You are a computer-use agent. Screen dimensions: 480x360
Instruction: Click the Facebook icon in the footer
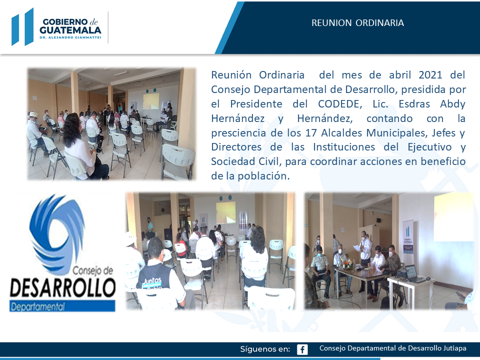(x=302, y=349)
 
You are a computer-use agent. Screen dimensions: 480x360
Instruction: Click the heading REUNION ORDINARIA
(x=357, y=23)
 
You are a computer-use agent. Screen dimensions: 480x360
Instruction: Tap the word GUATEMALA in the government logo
(x=70, y=30)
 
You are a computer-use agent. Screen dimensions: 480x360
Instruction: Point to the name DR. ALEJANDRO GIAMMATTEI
(x=70, y=37)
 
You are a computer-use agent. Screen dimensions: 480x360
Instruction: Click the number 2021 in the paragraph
(x=430, y=75)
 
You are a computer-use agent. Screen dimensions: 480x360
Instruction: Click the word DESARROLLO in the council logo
(x=63, y=287)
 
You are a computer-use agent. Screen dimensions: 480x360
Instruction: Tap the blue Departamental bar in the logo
(x=62, y=306)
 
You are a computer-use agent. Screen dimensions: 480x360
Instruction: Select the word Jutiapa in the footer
(x=454, y=348)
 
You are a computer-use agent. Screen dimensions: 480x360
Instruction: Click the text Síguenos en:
(x=265, y=349)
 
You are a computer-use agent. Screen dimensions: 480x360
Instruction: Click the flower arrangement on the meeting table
(x=347, y=264)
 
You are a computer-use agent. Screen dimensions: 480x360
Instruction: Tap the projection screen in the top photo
(x=151, y=101)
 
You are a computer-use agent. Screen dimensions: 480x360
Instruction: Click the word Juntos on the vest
(x=152, y=280)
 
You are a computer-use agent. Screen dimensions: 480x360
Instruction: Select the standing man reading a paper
(x=365, y=251)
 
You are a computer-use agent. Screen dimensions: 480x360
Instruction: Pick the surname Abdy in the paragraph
(x=452, y=104)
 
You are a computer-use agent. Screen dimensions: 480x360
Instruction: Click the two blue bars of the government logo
(x=22, y=27)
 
